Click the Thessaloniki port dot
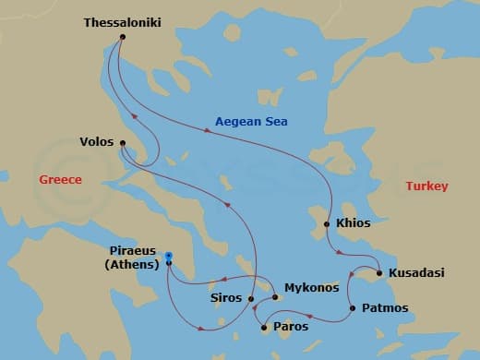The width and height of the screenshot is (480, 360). [x=123, y=36]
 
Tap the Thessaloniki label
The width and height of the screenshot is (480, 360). [x=123, y=20]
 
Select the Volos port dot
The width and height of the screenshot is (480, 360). [x=122, y=142]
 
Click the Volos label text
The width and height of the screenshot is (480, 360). [x=96, y=143]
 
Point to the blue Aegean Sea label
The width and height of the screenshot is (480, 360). [x=251, y=121]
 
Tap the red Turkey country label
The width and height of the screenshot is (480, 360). [x=426, y=186]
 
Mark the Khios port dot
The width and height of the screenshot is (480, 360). [x=327, y=224]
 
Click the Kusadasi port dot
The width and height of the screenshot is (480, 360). [x=379, y=273]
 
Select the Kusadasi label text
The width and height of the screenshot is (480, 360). [x=416, y=273]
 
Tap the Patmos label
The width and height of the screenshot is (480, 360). [x=384, y=307]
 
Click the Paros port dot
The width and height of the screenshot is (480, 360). [x=266, y=327]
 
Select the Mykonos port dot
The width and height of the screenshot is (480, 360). [x=275, y=297]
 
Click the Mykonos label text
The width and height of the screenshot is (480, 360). [x=311, y=288]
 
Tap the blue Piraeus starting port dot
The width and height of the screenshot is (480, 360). [x=168, y=256]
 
